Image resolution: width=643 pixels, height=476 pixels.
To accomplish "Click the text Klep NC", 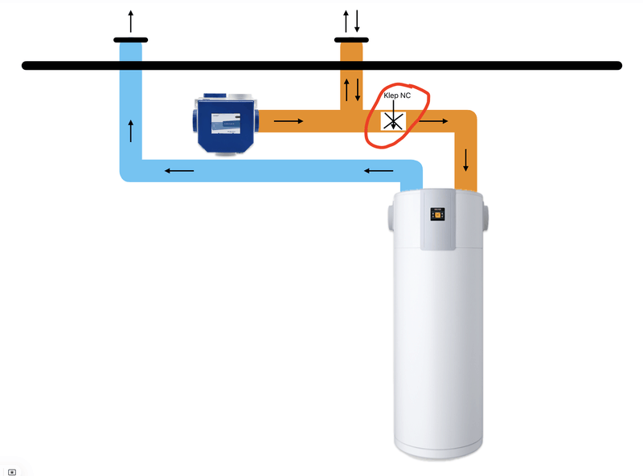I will coord(396,96).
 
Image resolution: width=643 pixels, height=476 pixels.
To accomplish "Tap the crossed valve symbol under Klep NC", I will coord(393,121).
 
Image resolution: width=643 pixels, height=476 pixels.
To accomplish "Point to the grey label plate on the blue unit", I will coord(227,124).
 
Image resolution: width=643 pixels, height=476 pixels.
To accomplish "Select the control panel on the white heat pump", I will coord(439,214).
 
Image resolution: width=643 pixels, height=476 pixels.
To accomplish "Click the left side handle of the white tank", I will coord(391,218).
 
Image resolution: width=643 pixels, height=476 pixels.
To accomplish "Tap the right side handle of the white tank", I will coord(487,218).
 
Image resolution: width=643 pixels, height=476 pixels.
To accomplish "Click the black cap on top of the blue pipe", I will coord(130,39).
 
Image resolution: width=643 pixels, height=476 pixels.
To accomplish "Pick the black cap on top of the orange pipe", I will coord(351,39).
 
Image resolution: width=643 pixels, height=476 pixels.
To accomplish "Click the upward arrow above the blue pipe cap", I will coord(130,20).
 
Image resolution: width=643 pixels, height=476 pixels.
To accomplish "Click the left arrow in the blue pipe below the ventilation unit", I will coord(179,170).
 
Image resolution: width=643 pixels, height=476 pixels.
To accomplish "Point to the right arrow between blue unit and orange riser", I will coord(289,122).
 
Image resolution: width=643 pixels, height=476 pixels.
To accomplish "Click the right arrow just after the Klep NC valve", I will coord(432,122).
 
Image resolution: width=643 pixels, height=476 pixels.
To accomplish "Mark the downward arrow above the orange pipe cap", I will coord(357,20).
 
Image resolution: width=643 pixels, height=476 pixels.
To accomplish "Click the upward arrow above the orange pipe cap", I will coord(346,20).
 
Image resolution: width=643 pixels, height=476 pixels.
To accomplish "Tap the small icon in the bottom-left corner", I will coord(12,472).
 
